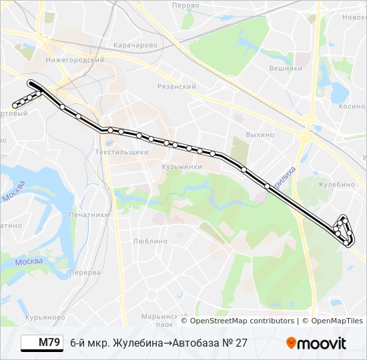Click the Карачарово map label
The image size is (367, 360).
click(x=135, y=45)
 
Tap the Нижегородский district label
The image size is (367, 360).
click(x=75, y=59)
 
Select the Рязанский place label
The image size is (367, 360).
click(x=176, y=87)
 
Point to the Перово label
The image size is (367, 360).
click(x=186, y=5)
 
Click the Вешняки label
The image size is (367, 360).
click(x=286, y=68)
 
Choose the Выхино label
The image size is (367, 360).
click(x=260, y=135)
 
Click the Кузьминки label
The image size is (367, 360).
click(x=181, y=167)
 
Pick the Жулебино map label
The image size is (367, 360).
click(x=336, y=185)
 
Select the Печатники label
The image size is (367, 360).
click(x=89, y=215)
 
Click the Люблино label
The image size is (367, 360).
click(x=149, y=241)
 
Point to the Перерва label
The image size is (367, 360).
click(x=85, y=273)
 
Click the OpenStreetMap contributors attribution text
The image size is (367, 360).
click(x=242, y=321)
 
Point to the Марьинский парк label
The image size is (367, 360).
click(x=157, y=320)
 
